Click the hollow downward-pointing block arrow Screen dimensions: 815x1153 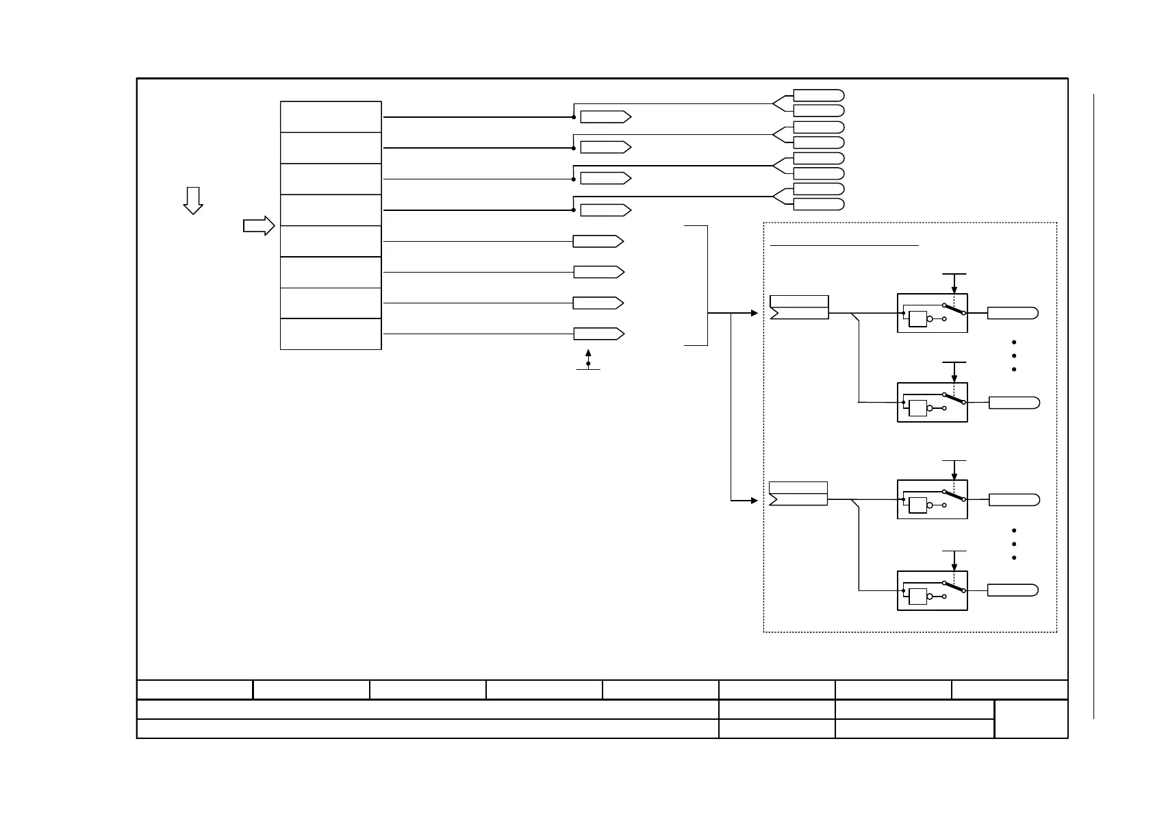pos(193,200)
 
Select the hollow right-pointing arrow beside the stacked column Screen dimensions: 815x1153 pos(259,225)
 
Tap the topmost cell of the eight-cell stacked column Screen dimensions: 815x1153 pos(331,117)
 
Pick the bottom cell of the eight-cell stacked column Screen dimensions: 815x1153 pos(331,334)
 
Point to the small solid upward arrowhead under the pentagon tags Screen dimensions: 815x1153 pos(588,353)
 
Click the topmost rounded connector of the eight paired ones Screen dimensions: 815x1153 pos(818,95)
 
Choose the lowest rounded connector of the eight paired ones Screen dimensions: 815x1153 pos(818,204)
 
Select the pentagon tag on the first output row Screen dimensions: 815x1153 pos(605,117)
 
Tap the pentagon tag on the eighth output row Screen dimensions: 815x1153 pos(598,334)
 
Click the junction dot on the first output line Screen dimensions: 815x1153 pos(573,117)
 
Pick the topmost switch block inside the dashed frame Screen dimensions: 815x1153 pos(932,313)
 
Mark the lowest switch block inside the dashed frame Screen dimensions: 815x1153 pos(932,590)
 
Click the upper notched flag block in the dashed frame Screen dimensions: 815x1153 pos(799,308)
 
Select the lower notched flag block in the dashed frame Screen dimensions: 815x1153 pos(798,494)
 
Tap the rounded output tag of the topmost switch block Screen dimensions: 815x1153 pos(1013,314)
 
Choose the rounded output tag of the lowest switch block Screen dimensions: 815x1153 pos(1013,590)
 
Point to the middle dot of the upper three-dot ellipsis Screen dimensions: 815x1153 pos(1013,355)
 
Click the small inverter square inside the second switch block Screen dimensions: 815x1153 pos(917,408)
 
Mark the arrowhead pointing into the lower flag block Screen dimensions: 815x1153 pos(755,501)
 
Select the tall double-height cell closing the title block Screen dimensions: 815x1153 pos(1030,719)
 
